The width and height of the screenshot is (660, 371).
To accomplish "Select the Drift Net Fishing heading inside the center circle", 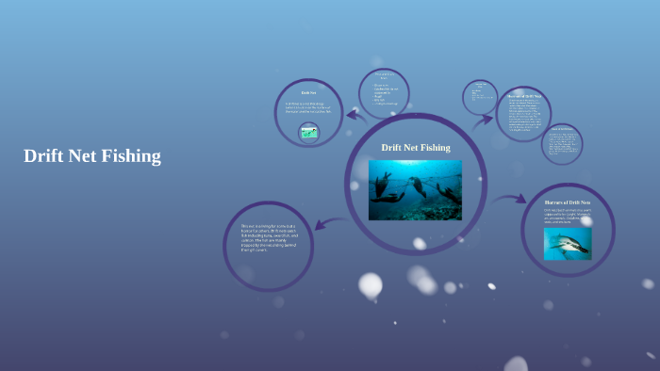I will [x=415, y=148].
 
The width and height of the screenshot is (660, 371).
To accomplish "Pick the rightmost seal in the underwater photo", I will [x=450, y=195].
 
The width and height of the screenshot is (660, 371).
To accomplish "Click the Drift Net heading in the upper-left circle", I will [x=307, y=92].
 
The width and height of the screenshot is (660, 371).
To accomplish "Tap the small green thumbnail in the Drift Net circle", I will [x=308, y=133].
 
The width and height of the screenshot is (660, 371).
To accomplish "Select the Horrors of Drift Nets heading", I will [x=567, y=202].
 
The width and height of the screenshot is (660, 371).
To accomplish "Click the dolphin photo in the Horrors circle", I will [x=568, y=242].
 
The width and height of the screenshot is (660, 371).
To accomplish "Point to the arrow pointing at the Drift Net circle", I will [x=355, y=114].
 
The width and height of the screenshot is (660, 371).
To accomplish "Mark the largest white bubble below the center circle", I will [x=371, y=284].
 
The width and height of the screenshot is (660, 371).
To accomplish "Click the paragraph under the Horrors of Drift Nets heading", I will [x=567, y=216].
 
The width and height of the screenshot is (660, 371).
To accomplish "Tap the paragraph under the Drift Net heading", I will [x=308, y=109].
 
